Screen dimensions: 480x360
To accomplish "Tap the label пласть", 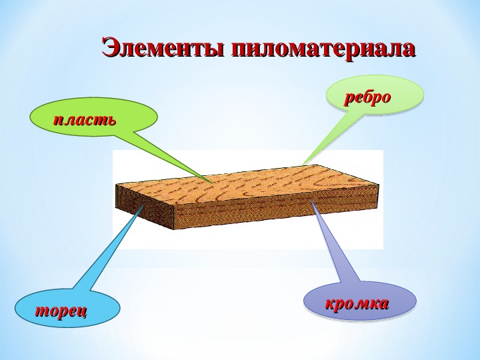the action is pos(85,120).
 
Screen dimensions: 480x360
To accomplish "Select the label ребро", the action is pos(367,98).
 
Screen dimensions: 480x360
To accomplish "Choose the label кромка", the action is pos(357,303).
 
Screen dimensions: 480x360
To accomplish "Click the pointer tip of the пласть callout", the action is pos(213,183).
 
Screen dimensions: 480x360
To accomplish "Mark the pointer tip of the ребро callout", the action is pos(302,165).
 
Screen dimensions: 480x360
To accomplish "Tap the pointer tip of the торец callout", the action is pos(143,205).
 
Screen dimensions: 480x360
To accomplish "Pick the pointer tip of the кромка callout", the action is pos(311,200).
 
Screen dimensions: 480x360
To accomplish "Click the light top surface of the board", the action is pos(248,184).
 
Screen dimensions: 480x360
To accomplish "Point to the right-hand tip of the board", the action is pos(379,185).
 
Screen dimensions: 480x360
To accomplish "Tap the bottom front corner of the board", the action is pos(174,230).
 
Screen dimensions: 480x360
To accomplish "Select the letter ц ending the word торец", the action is pos(83,311).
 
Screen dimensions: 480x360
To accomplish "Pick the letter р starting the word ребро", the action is pos(349,99).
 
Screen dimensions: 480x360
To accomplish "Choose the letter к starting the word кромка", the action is pos(330,304).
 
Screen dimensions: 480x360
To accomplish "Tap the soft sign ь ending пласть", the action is pos(112,120).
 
